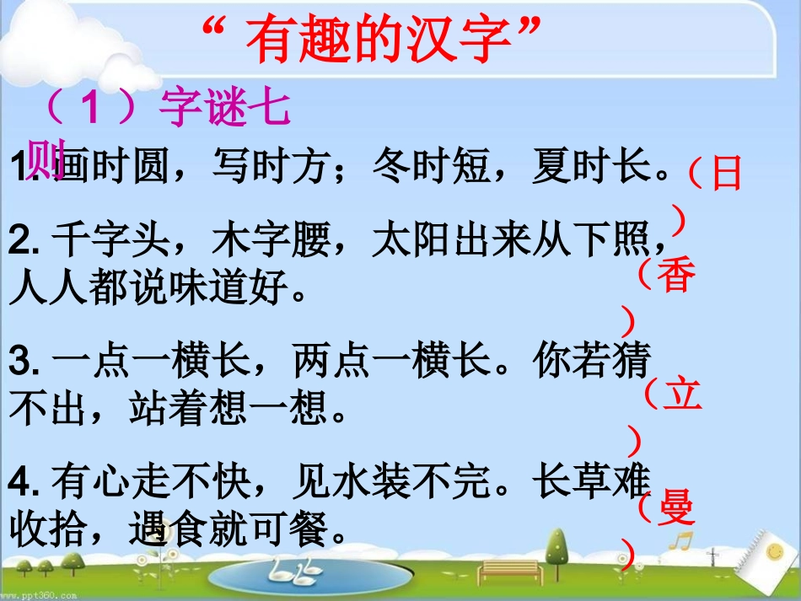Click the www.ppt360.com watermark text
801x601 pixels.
tap(38, 594)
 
